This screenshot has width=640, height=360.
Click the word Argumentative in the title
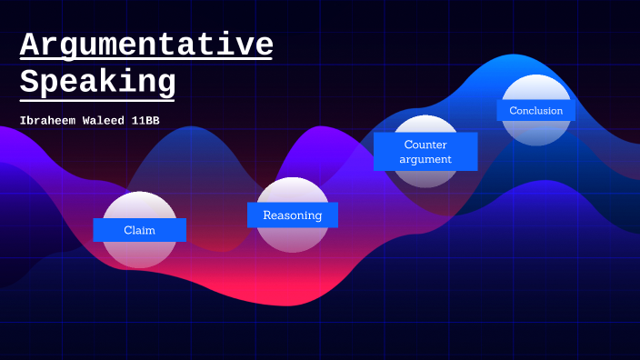click(x=146, y=45)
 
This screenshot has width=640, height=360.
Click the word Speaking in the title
click(x=97, y=82)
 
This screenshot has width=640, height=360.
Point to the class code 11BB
click(x=147, y=120)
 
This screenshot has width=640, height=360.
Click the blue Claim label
click(x=139, y=230)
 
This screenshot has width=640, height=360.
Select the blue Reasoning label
click(x=292, y=215)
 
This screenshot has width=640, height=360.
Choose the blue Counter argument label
click(x=425, y=152)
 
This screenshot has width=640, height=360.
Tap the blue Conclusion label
click(x=535, y=111)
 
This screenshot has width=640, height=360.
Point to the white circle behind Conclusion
click(x=535, y=133)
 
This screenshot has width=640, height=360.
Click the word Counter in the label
click(x=425, y=145)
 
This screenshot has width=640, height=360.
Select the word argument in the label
click(x=425, y=160)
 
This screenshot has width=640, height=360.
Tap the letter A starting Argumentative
click(x=30, y=45)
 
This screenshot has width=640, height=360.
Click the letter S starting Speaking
click(x=30, y=82)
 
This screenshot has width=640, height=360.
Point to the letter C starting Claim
click(x=127, y=230)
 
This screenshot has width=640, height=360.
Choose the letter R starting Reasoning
click(x=267, y=215)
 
